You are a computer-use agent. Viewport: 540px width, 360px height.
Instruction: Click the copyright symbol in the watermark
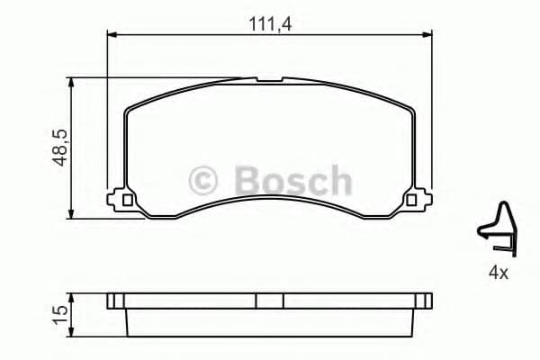point(207,180)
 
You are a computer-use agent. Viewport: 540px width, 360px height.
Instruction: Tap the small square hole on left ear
point(127,200)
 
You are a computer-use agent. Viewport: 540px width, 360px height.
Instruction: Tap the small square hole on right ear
point(412,200)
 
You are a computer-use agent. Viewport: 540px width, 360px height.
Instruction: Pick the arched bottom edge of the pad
point(269,197)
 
